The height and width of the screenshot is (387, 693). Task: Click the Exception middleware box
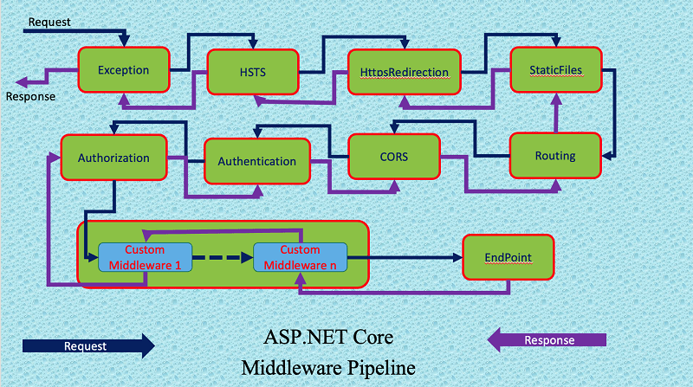123,70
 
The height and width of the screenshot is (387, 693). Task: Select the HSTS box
252,70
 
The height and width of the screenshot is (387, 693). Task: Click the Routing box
555,156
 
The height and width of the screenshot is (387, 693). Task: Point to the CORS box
394,158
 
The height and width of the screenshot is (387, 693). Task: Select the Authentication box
256,161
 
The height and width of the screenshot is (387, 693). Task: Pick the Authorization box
113,158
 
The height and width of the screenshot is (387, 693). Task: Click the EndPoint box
508,257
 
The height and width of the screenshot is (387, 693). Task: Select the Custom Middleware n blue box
300,256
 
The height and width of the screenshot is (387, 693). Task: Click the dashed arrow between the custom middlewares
222,257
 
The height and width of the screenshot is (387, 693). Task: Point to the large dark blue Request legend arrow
87,345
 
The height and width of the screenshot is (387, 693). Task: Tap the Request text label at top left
49,20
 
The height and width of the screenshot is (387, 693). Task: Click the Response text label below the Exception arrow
30,96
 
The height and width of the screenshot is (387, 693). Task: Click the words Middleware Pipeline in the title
328,367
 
